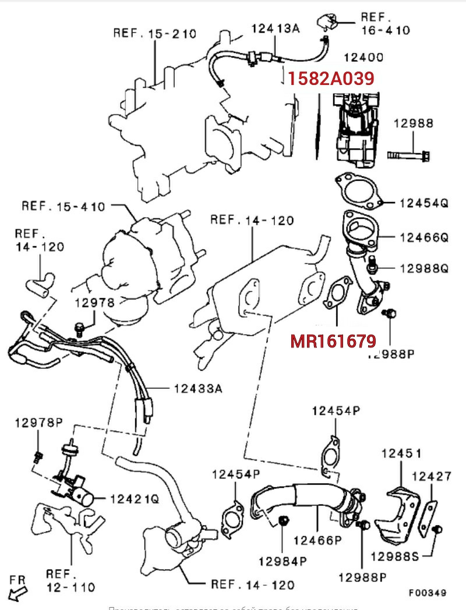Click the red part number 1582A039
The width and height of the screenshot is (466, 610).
(330, 78)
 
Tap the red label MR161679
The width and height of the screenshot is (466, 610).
(333, 341)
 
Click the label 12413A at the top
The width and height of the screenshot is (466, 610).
(275, 27)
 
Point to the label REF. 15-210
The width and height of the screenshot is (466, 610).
(154, 33)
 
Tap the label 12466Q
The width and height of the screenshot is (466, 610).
(424, 237)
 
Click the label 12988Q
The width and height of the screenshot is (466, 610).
(424, 268)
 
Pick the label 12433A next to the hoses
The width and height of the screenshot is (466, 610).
(198, 388)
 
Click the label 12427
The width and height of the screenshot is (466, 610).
(431, 476)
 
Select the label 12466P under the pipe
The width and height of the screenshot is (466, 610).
(317, 540)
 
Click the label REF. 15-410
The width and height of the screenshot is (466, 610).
(63, 206)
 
